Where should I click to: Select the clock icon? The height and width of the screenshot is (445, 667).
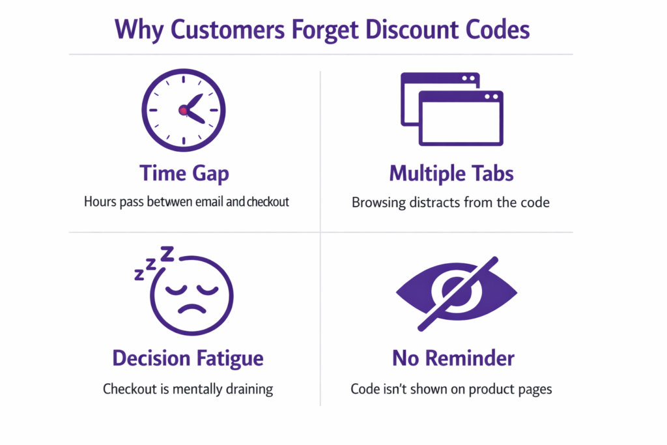[x=184, y=111]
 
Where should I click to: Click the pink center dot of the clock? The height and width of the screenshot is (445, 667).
[x=183, y=111]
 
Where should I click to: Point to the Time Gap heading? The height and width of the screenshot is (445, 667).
[x=184, y=173]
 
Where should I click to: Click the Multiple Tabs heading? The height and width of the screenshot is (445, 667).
[x=451, y=173]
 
